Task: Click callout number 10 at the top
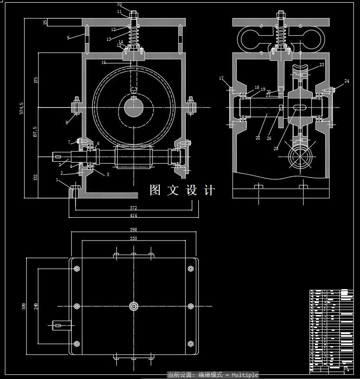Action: (x=119, y=5)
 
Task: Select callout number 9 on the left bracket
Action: (x=68, y=38)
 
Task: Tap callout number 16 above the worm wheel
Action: (x=103, y=62)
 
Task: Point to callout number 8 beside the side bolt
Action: (x=67, y=122)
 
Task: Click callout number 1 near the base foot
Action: (x=57, y=179)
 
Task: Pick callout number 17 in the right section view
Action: (x=221, y=78)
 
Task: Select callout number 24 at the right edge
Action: (x=347, y=82)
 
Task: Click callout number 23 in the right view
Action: (x=322, y=65)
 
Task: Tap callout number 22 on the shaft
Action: (x=258, y=138)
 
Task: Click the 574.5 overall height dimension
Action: (x=21, y=108)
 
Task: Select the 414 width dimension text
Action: (x=133, y=215)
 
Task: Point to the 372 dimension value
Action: (x=133, y=208)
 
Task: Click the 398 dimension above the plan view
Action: (x=133, y=229)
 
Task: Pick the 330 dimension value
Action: (x=133, y=238)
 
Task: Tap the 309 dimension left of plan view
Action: (x=24, y=306)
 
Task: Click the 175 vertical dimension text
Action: (x=36, y=79)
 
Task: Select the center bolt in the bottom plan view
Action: (x=133, y=306)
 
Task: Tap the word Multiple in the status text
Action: (x=245, y=375)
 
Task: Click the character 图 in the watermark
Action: (x=155, y=190)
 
